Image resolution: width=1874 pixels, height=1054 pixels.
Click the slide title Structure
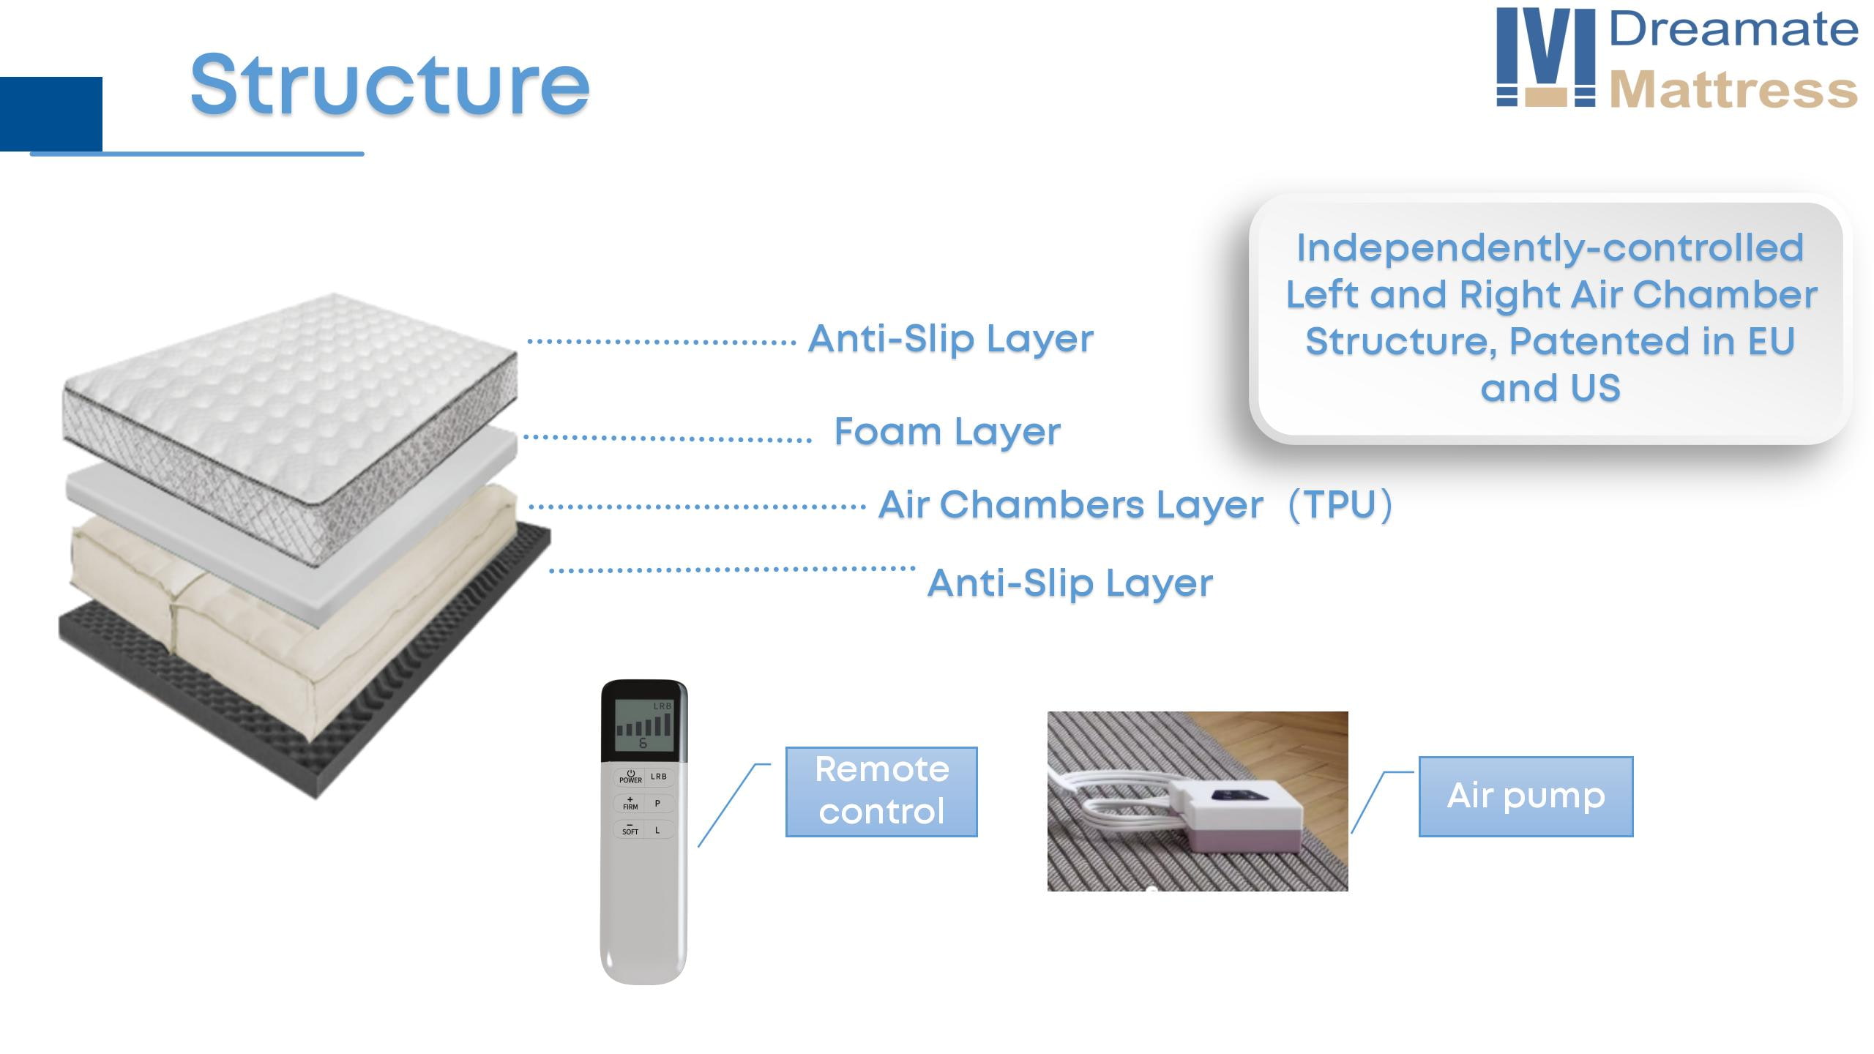[x=389, y=85]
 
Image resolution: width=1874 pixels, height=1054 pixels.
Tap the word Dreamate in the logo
[x=1733, y=30]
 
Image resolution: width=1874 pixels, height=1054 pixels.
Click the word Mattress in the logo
[x=1733, y=90]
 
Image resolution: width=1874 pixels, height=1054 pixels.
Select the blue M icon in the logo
[x=1545, y=57]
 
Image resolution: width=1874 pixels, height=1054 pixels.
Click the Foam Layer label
[x=947, y=432]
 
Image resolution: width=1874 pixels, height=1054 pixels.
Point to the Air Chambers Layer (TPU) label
[x=1135, y=505]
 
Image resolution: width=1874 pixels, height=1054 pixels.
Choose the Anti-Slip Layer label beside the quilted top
[x=950, y=339]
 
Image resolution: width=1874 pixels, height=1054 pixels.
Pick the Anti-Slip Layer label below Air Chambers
[x=1069, y=583]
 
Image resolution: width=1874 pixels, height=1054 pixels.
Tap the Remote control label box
[x=881, y=791]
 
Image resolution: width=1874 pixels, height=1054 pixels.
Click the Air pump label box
[x=1526, y=796]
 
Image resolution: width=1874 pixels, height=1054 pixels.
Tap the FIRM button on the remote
[x=630, y=803]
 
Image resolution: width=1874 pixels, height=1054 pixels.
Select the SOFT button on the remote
[x=630, y=829]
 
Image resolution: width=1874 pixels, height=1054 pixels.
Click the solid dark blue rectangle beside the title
[x=51, y=113]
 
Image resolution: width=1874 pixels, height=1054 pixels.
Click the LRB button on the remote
[x=659, y=777]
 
